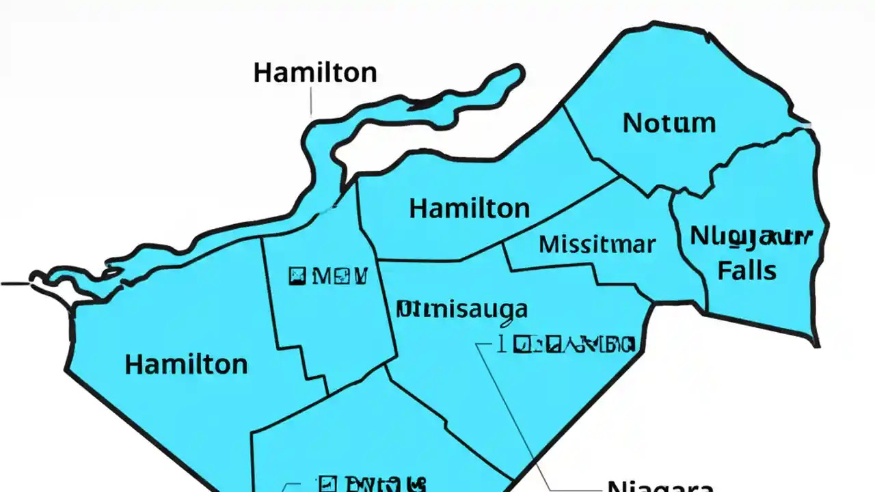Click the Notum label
669,124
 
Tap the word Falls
746,271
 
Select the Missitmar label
597,244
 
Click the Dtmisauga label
463,309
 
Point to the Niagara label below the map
660,485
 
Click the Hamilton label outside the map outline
314,72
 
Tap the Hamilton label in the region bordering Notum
469,208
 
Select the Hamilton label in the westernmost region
186,364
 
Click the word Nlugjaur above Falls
751,236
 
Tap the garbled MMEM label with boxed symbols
329,277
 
